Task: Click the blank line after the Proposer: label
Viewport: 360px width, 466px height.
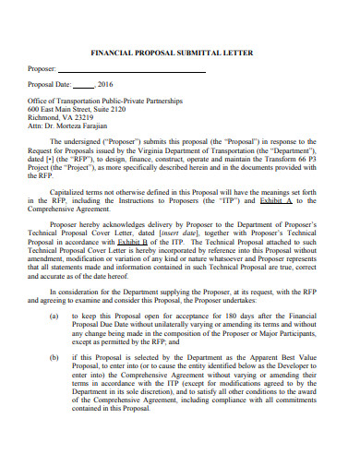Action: coord(138,69)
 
